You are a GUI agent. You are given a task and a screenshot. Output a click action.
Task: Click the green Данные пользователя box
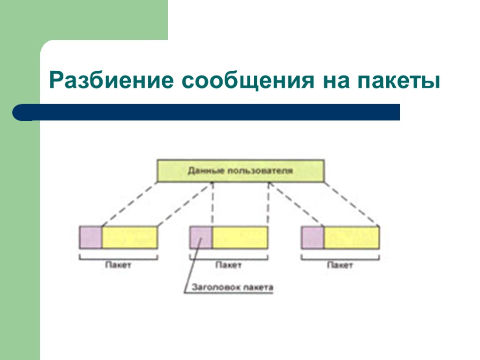click(240, 171)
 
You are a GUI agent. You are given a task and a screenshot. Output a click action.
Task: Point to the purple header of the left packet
click(90, 237)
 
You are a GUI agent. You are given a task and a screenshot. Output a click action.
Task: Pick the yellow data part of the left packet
click(129, 237)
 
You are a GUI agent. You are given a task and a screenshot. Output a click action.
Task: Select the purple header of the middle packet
click(201, 237)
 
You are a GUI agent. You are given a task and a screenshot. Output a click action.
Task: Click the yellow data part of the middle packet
click(240, 237)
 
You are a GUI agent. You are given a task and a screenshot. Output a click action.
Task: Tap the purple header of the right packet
click(312, 237)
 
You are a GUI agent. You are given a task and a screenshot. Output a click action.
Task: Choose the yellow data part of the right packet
click(352, 237)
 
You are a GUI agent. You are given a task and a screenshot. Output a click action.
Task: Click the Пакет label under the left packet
click(118, 265)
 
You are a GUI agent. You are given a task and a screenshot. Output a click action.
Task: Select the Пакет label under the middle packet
click(228, 265)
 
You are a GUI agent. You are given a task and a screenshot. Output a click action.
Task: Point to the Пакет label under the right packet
click(340, 265)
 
